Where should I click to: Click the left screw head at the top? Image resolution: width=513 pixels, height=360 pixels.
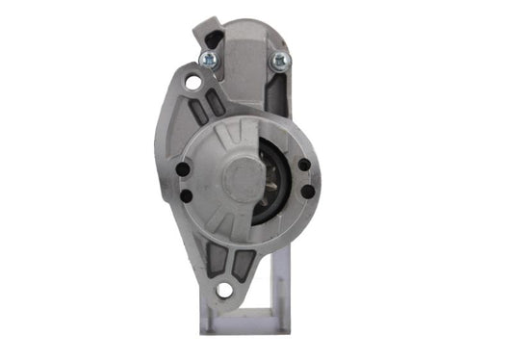coord(206,61)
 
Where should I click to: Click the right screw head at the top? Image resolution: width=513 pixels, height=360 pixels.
coord(279,61)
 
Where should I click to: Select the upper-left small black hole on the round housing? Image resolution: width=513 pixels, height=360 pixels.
coord(183,169)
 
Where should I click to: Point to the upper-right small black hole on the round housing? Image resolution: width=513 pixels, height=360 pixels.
coord(305,164)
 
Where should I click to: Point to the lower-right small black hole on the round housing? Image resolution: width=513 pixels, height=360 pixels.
coord(306,191)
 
